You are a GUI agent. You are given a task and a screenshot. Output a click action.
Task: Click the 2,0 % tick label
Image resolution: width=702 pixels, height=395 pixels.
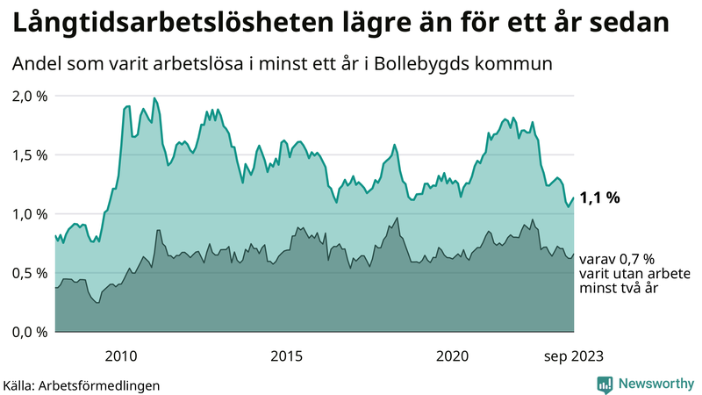coord(29,96)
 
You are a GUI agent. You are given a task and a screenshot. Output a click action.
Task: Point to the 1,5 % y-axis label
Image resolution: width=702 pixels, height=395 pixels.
coord(29,154)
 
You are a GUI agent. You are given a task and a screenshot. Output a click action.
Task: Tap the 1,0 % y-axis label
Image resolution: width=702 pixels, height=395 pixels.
coord(29,213)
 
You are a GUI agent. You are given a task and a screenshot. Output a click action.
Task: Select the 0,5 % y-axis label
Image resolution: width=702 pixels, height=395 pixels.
coord(29,273)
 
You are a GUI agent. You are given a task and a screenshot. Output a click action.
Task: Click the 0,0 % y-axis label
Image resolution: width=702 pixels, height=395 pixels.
coord(29,332)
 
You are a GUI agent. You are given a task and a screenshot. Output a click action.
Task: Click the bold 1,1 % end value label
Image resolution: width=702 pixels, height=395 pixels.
coord(600,197)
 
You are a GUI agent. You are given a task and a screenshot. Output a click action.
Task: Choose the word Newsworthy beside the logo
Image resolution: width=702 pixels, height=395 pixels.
coord(655,384)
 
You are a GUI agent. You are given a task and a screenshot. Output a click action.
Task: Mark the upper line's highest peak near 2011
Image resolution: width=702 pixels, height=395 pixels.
coord(154,98)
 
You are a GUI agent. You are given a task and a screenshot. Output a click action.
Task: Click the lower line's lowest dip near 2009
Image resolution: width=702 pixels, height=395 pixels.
coord(97,303)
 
